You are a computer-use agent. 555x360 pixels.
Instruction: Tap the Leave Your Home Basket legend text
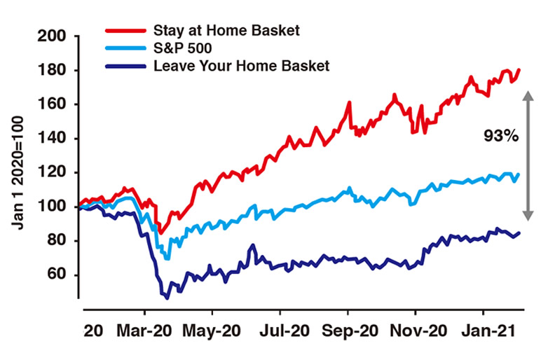pyautogui.click(x=241, y=66)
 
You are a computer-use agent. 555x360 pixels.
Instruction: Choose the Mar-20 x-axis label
pyautogui.click(x=145, y=328)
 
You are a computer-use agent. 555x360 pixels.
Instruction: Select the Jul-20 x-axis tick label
pyautogui.click(x=281, y=328)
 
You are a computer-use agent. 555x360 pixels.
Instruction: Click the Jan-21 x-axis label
pyautogui.click(x=483, y=328)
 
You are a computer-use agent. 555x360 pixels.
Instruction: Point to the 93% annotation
pyautogui.click(x=501, y=137)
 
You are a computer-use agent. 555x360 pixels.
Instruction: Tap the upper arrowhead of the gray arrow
pyautogui.click(x=528, y=97)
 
